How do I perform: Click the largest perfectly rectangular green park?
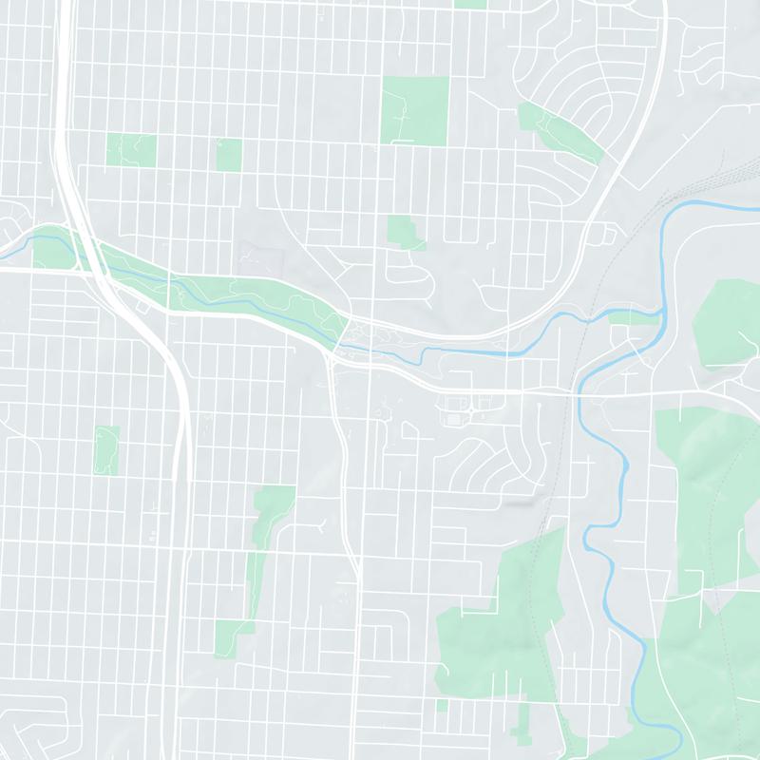414,110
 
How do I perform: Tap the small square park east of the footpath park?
229,155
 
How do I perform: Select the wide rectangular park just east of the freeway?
131,149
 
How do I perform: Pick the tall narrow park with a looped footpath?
107,449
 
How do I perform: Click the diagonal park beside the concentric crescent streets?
560,134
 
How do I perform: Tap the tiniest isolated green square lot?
442,704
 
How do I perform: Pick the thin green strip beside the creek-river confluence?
635,317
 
